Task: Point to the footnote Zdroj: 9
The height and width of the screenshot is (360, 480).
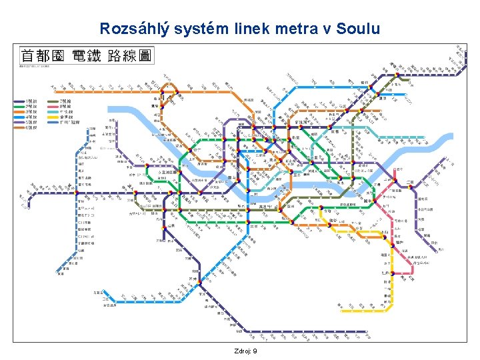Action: [246, 351]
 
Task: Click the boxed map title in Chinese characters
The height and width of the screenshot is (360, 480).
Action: [86, 55]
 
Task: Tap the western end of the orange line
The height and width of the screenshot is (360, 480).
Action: [53, 87]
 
